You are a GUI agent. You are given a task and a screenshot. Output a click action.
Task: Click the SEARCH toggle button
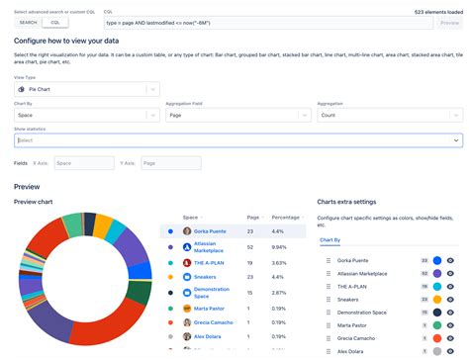(29, 22)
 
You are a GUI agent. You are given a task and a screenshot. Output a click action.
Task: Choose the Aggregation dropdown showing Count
(389, 115)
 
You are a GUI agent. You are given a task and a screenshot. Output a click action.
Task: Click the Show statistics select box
(237, 140)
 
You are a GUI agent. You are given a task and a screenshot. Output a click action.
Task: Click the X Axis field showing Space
(83, 163)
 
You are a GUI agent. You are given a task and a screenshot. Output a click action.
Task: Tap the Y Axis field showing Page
(163, 163)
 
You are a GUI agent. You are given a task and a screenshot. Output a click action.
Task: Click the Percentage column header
(285, 217)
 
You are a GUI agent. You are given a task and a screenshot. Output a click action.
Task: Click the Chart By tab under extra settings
(330, 240)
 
